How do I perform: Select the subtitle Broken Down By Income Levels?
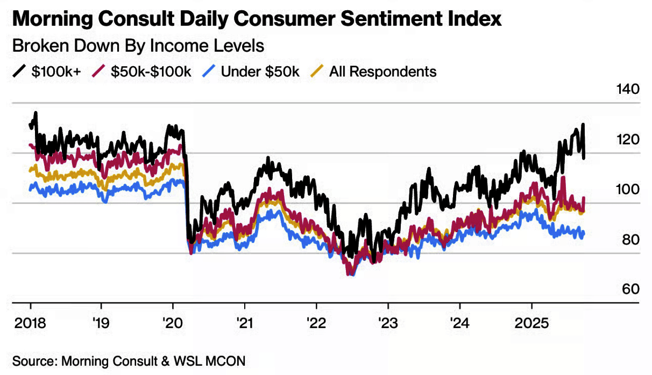(138, 46)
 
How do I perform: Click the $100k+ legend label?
(56, 71)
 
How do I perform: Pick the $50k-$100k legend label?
(151, 71)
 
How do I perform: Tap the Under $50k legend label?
(260, 71)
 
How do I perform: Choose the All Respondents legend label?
(382, 71)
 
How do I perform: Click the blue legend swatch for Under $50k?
(210, 71)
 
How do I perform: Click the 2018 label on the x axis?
(31, 323)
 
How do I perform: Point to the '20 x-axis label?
(173, 323)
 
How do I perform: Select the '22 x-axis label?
(316, 323)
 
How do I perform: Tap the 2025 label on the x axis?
(531, 323)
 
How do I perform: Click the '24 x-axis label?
(459, 323)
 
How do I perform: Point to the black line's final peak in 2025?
(583, 126)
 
